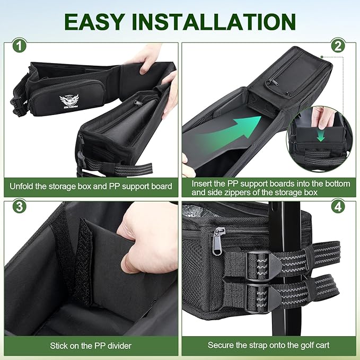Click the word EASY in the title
95,22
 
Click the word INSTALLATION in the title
214,22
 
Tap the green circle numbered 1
19,46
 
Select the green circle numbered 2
338,46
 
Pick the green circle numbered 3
19,206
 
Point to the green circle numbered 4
338,206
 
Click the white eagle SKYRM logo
69,101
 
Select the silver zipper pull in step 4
216,241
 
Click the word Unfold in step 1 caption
22,186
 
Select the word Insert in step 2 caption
203,184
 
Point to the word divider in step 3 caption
119,346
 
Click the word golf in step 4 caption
298,345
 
